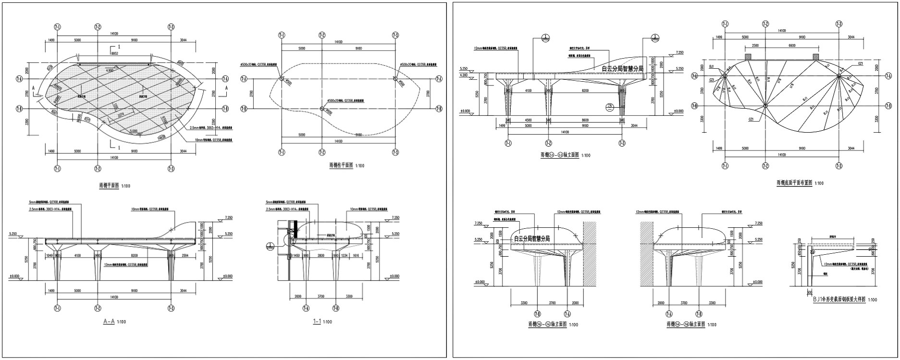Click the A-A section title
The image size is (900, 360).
109,322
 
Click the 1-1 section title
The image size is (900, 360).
317,322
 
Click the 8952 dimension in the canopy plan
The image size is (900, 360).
114,54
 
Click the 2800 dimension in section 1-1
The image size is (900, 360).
321,255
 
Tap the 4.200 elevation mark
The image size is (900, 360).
463,75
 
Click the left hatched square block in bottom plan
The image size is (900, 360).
748,57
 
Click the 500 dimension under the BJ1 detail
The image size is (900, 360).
809,292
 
